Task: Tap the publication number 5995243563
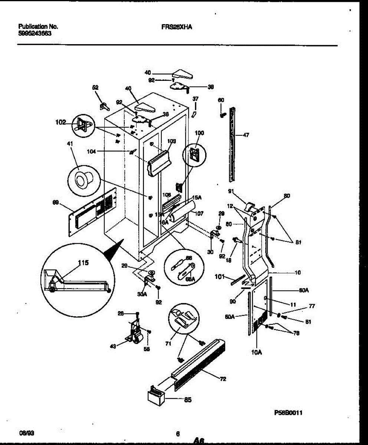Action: tap(35, 33)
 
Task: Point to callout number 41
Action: tap(70, 144)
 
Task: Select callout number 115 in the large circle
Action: tap(83, 263)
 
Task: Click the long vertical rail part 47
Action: tap(232, 145)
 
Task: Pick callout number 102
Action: tap(61, 121)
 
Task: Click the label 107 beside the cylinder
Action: tap(200, 213)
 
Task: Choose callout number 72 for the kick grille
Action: tap(223, 379)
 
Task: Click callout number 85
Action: tap(188, 400)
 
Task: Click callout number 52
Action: tap(95, 88)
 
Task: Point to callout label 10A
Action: tap(256, 352)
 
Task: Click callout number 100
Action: tap(199, 133)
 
